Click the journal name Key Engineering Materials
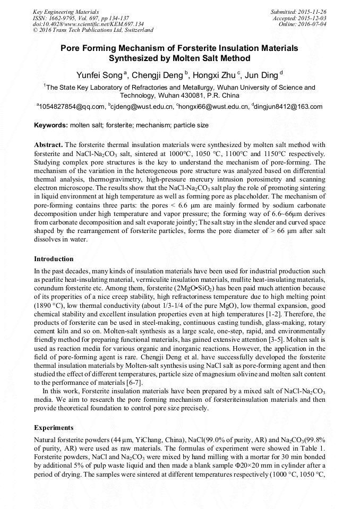pos(65,11)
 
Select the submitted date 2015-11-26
pos(312,11)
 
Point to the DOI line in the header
pos(88,24)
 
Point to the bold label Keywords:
pos(50,125)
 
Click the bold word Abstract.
pos(48,144)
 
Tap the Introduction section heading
pos(54,259)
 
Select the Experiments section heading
pos(54,427)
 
